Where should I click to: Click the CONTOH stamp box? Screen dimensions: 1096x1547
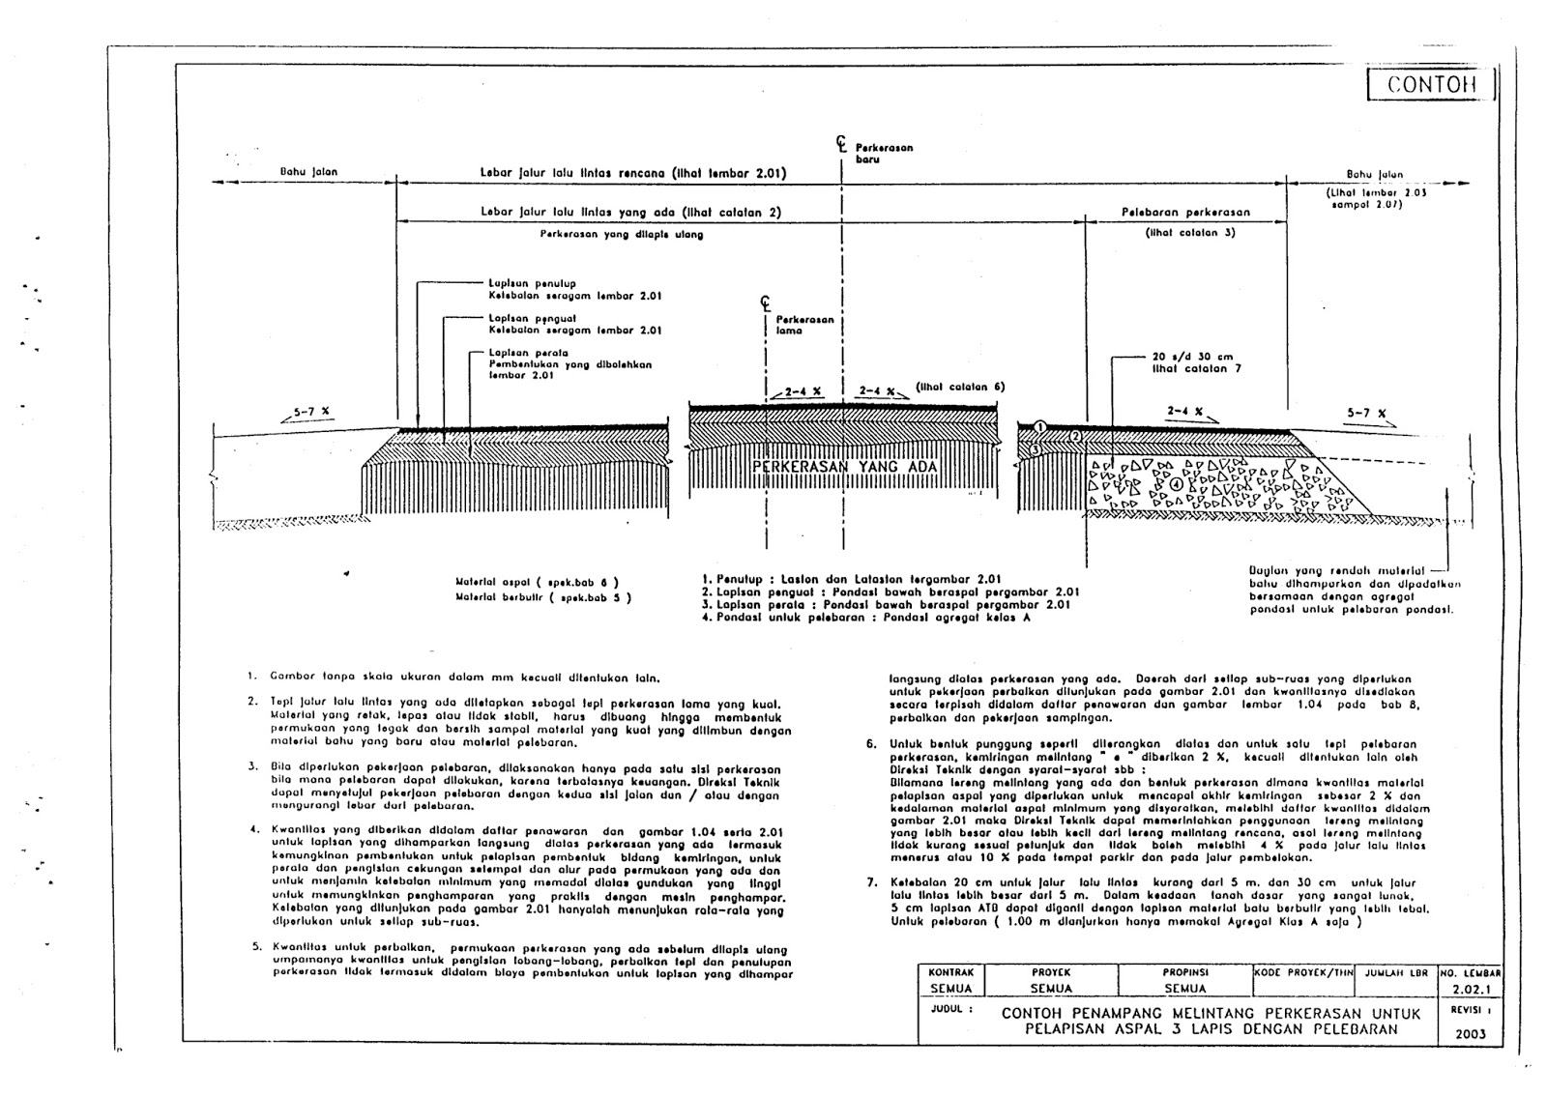[1432, 84]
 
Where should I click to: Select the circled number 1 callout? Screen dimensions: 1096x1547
[1039, 426]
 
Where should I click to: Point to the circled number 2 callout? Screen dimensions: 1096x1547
[1074, 437]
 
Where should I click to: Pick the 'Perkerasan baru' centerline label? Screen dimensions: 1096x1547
[884, 154]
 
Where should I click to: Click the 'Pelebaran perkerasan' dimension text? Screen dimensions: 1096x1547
[1185, 212]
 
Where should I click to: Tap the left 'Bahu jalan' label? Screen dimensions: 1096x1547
[308, 172]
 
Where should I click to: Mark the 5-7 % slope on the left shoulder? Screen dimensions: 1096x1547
[311, 412]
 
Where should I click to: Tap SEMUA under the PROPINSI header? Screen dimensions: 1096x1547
[1184, 989]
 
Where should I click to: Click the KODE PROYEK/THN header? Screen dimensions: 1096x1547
[1303, 972]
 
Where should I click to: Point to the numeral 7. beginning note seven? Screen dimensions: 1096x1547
[870, 882]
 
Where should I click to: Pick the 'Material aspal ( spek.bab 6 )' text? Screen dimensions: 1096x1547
[536, 583]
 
